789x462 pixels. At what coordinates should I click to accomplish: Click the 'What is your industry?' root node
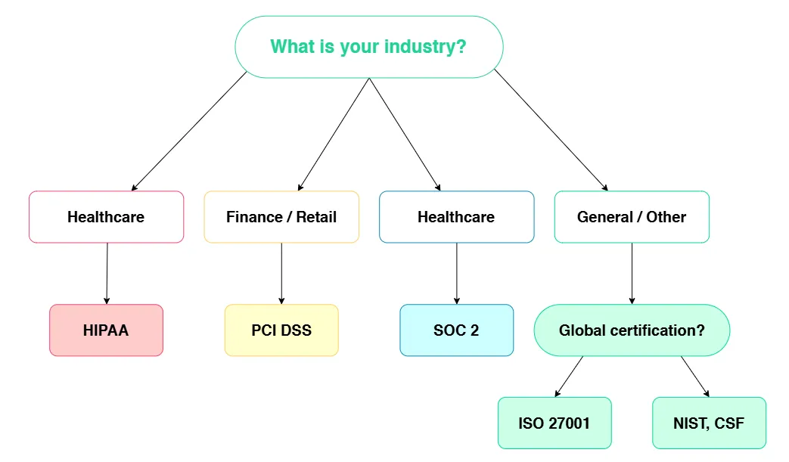369,47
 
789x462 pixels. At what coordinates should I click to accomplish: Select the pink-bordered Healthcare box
106,217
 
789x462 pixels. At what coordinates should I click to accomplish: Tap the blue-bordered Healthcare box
456,217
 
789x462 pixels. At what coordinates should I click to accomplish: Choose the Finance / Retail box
281,217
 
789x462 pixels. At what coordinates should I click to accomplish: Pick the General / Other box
632,217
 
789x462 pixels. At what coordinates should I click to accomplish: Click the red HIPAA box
106,330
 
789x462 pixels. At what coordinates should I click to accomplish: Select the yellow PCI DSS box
281,330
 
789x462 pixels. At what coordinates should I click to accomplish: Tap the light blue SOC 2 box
456,330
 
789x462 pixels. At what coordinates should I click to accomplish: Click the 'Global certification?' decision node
632,330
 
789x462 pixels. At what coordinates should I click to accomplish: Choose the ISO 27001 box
554,423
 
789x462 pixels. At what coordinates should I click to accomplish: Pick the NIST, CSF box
709,423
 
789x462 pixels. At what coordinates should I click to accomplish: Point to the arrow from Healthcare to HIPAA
107,274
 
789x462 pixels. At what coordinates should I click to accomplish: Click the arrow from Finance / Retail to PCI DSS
281,274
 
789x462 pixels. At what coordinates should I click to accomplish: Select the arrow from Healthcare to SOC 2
456,274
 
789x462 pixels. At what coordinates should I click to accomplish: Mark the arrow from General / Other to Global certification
632,274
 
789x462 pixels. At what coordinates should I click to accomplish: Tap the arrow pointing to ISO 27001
569,377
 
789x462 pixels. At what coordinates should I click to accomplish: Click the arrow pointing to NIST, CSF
695,377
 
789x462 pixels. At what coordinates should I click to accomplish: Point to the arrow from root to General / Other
551,130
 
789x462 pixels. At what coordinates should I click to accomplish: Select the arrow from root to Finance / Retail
334,135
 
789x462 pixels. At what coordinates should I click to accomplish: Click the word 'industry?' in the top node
425,47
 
